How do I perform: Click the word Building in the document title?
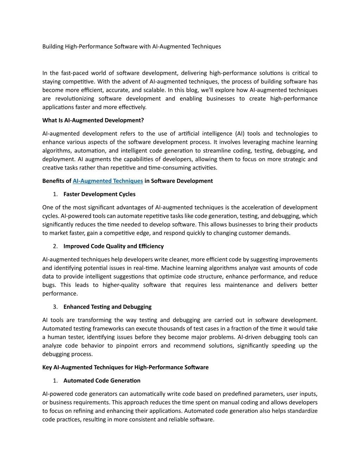pyautogui.click(x=53, y=46)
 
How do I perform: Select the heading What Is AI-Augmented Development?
pyautogui.click(x=93, y=120)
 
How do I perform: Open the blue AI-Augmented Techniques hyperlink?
pyautogui.click(x=108, y=181)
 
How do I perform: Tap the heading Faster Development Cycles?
pyautogui.click(x=99, y=194)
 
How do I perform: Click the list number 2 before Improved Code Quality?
pyautogui.click(x=56, y=246)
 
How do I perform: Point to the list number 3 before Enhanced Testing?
pyautogui.click(x=56, y=307)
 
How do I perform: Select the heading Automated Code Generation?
pyautogui.click(x=102, y=381)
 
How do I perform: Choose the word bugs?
pyautogui.click(x=49, y=285)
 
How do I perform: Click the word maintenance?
pyautogui.click(x=242, y=285)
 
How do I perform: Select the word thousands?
pyautogui.click(x=155, y=328)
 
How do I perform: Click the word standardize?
pyautogui.click(x=302, y=411)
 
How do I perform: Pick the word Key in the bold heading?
pyautogui.click(x=47, y=367)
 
